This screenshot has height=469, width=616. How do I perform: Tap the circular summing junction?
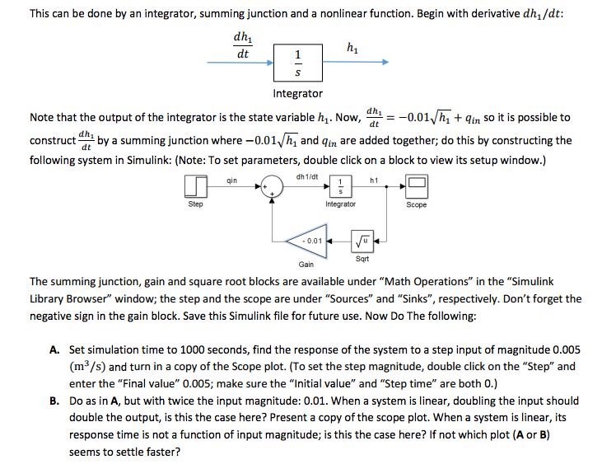point(273,188)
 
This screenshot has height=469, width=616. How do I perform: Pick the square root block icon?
point(362,242)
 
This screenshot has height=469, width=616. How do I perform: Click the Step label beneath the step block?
point(195,204)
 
